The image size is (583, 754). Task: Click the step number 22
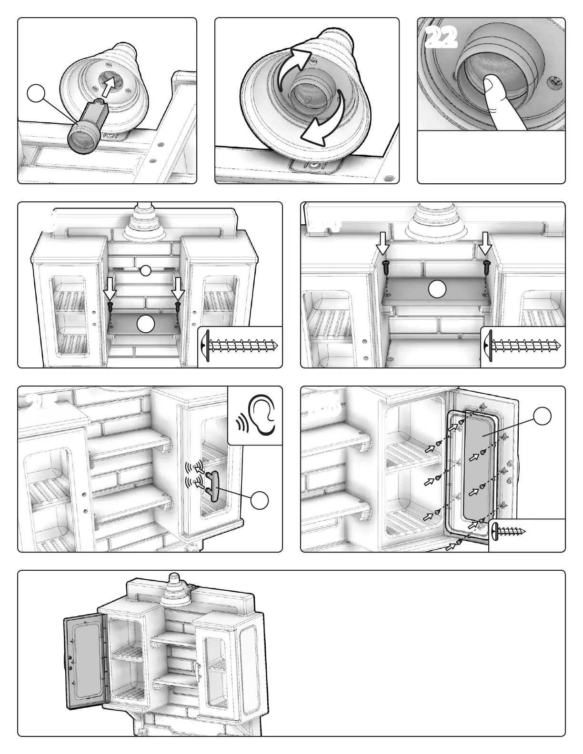pos(441,39)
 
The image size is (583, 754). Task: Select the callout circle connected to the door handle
pos(260,501)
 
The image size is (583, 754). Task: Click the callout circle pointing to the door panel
pos(542,416)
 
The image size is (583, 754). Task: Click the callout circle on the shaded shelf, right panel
pos(437,289)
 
